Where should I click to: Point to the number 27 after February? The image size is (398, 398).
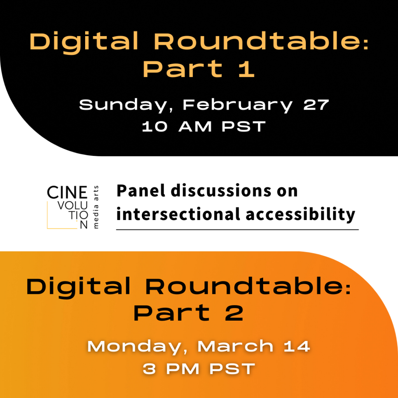(x=316, y=105)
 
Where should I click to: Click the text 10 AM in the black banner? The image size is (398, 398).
(x=177, y=126)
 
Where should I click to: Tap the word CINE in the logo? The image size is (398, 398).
(x=67, y=192)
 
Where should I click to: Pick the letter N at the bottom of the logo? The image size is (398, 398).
(x=84, y=225)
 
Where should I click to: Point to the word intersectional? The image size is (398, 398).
(x=178, y=214)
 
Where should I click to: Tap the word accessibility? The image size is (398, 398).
(x=300, y=215)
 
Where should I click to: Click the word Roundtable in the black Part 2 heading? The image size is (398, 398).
(x=248, y=287)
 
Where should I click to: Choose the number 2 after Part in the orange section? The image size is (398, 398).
(x=234, y=313)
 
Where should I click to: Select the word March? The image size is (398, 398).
(x=236, y=346)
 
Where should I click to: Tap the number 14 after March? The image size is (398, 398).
(x=297, y=346)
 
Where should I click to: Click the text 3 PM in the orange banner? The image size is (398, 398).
(x=171, y=369)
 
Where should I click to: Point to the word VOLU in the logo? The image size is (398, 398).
(x=73, y=206)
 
